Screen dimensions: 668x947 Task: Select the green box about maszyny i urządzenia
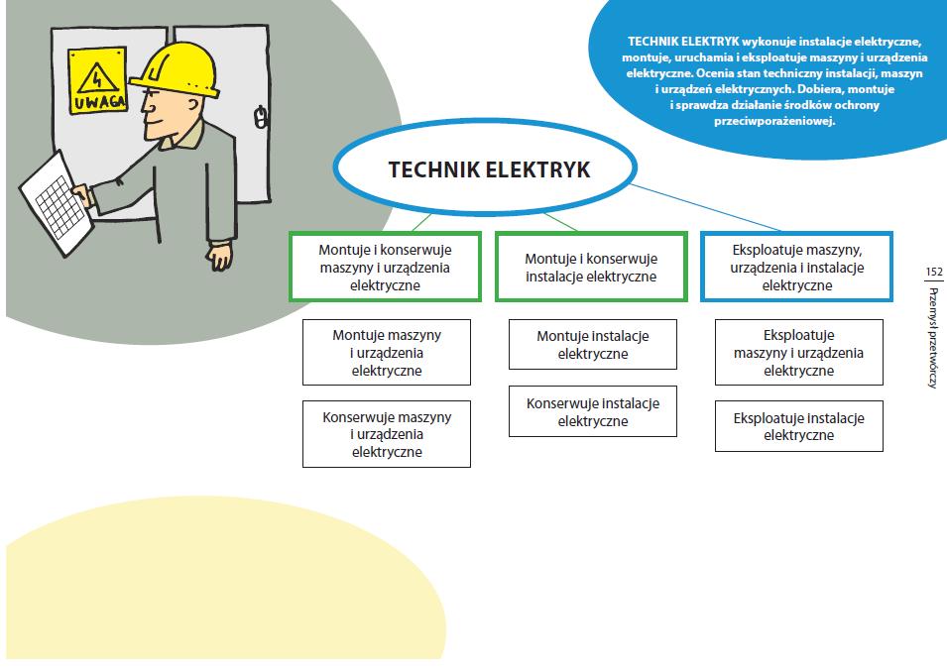pos(385,267)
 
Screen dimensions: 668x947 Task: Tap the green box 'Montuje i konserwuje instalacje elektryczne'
pos(591,267)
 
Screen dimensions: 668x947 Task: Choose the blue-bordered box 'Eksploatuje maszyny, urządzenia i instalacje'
pos(796,267)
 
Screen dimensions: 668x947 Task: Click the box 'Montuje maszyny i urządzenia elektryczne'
pos(386,352)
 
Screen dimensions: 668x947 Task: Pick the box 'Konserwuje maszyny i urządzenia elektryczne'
pos(386,433)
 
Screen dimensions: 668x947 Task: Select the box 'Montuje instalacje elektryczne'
pos(592,344)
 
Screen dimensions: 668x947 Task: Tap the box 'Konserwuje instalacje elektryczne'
pos(592,411)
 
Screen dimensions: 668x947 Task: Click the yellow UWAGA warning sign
pos(98,79)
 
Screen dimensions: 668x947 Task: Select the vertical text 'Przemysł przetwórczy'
pos(932,337)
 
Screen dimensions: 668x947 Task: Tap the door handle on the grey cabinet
pos(261,119)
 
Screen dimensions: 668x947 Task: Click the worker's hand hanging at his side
pos(220,255)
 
